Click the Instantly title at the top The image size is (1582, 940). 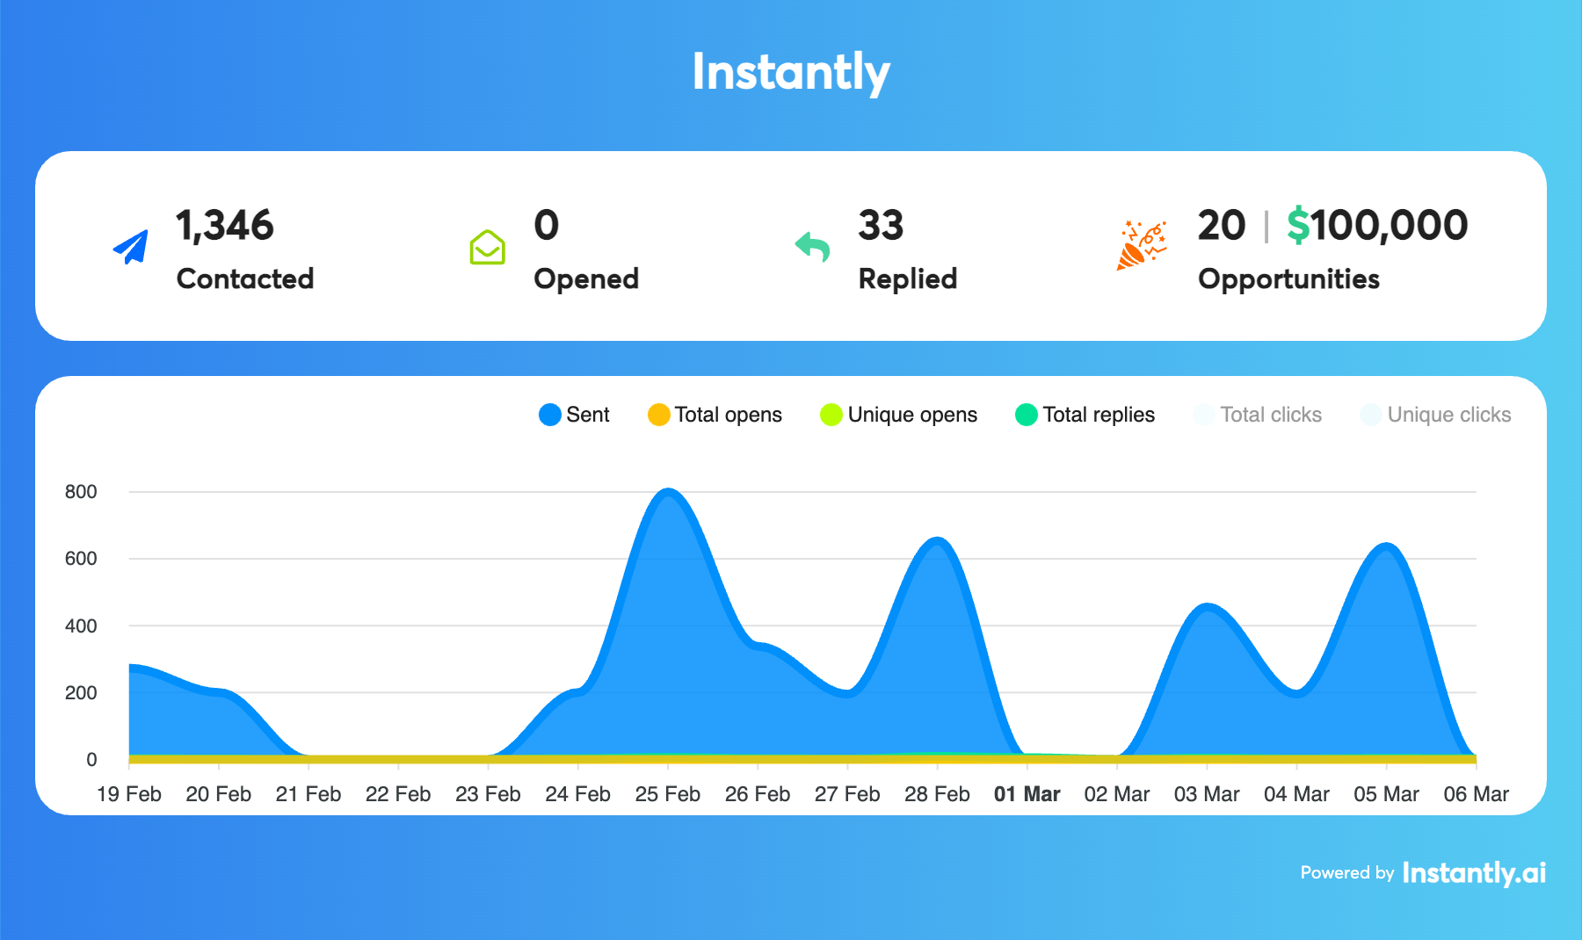791,72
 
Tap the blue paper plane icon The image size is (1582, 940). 131,247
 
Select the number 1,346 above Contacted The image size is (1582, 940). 225,226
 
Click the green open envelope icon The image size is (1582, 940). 487,247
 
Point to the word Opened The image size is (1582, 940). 586,278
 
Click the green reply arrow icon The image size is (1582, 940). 813,247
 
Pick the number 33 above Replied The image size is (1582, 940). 881,226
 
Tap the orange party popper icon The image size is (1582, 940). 1141,245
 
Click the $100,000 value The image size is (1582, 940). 1377,226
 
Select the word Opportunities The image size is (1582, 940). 1288,278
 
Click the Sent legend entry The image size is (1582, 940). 575,415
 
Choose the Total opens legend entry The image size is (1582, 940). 715,415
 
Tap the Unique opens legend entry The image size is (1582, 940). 898,415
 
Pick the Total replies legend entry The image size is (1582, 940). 1085,415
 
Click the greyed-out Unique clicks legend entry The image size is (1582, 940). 1435,415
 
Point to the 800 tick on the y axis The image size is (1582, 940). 81,492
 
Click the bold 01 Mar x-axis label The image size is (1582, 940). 1027,794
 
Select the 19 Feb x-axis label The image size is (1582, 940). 129,794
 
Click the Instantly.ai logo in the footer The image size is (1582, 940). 1474,872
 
